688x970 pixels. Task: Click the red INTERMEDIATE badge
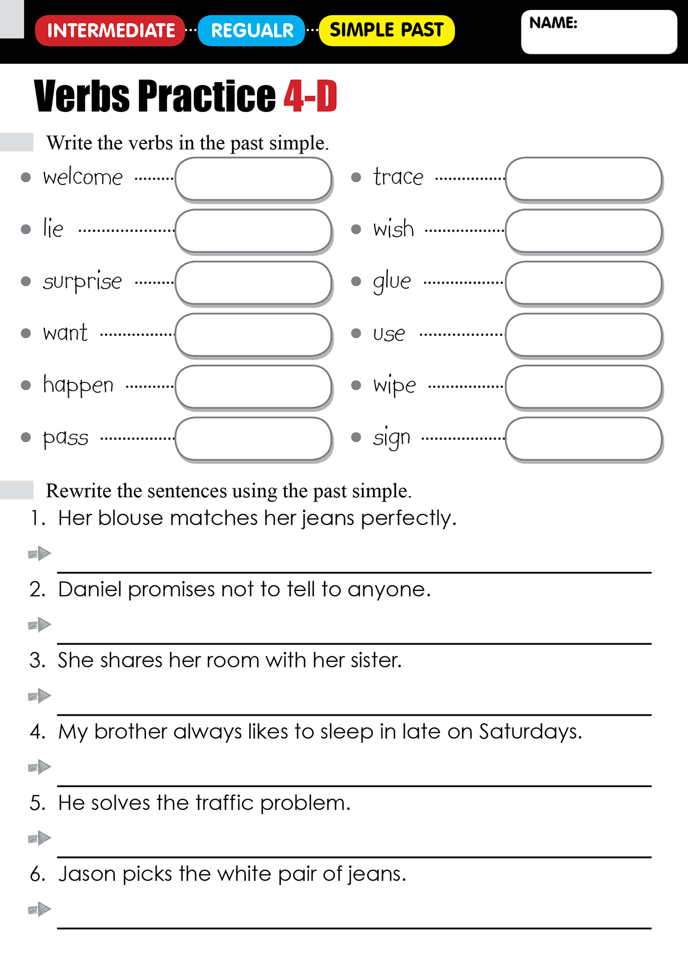(110, 30)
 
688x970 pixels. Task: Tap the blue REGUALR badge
(252, 30)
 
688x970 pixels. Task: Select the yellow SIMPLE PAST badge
(387, 30)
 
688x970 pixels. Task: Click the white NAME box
(599, 32)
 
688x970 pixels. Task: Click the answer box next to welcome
(254, 178)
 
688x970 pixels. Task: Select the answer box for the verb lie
(254, 231)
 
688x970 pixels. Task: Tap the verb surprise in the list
(82, 282)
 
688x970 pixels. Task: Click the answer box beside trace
(584, 178)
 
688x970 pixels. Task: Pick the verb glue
(392, 282)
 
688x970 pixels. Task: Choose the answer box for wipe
(584, 387)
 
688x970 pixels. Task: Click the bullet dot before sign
(356, 437)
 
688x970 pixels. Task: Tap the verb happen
(78, 385)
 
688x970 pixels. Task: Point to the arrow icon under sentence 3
(40, 696)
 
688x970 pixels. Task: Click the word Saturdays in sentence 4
(530, 732)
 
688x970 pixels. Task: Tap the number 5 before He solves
(37, 803)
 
